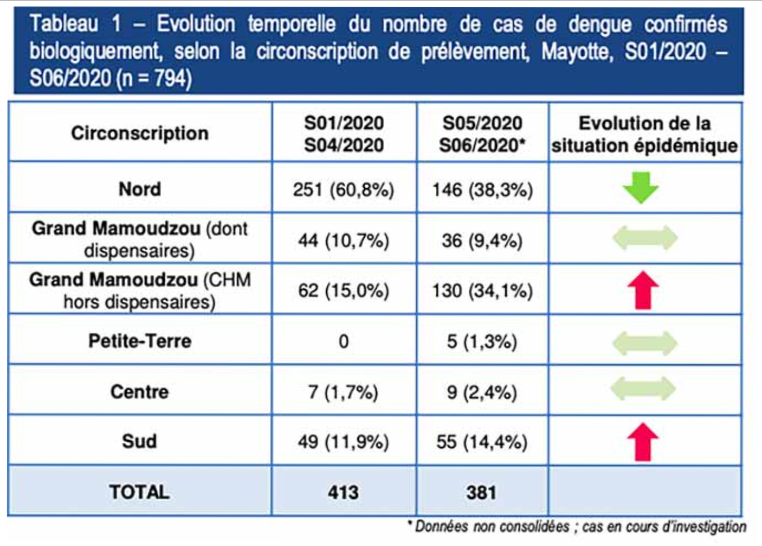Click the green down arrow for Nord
point(641,188)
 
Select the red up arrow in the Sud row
point(643,442)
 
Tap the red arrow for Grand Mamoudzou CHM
point(643,290)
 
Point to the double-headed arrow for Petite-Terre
point(644,342)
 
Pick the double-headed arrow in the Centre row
point(643,389)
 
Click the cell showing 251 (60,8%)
point(344,190)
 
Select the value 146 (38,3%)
point(482,190)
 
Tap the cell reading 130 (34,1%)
point(482,291)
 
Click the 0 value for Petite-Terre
point(344,341)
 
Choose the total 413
point(343,492)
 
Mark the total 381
point(481,492)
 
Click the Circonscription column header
point(140,133)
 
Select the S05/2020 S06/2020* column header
point(482,134)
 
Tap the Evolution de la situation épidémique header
point(644,134)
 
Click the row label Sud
point(139,441)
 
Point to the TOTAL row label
point(139,492)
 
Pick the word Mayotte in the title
point(577,52)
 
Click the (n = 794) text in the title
point(153,78)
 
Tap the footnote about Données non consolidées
point(577,526)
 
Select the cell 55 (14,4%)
point(482,442)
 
